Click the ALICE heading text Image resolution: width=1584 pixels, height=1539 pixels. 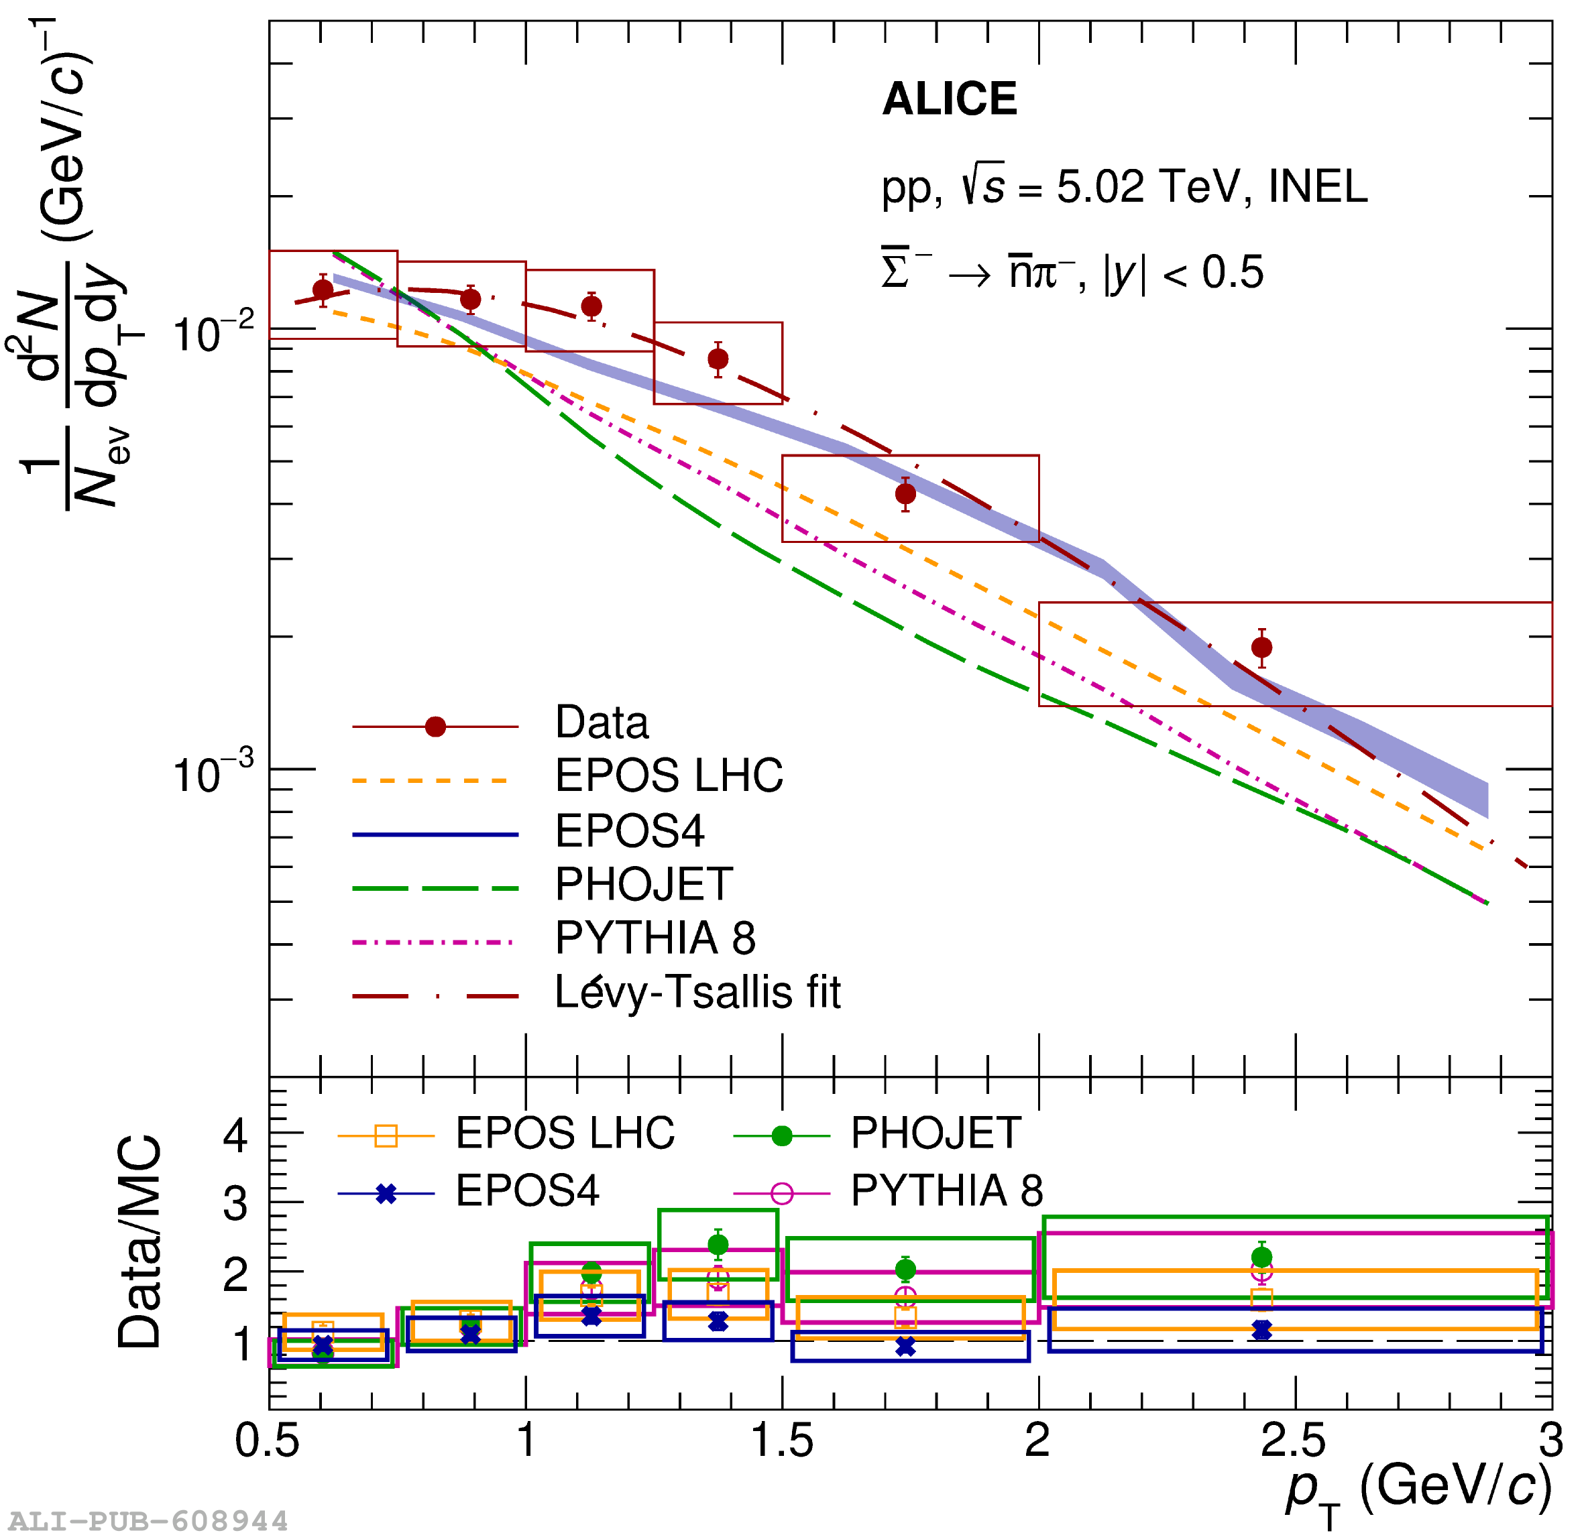pyautogui.click(x=950, y=99)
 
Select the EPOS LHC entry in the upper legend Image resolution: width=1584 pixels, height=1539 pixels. pyautogui.click(x=669, y=776)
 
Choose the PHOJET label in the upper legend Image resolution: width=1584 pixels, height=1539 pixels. pyautogui.click(x=644, y=884)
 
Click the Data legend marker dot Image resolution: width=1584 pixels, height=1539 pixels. pyautogui.click(x=436, y=727)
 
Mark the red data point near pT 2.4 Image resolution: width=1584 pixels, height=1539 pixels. pyautogui.click(x=1262, y=648)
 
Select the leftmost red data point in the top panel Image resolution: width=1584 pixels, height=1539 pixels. pyautogui.click(x=323, y=290)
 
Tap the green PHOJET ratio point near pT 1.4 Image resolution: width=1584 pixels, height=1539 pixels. pyautogui.click(x=718, y=1245)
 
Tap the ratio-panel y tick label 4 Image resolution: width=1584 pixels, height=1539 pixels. pyautogui.click(x=235, y=1135)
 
